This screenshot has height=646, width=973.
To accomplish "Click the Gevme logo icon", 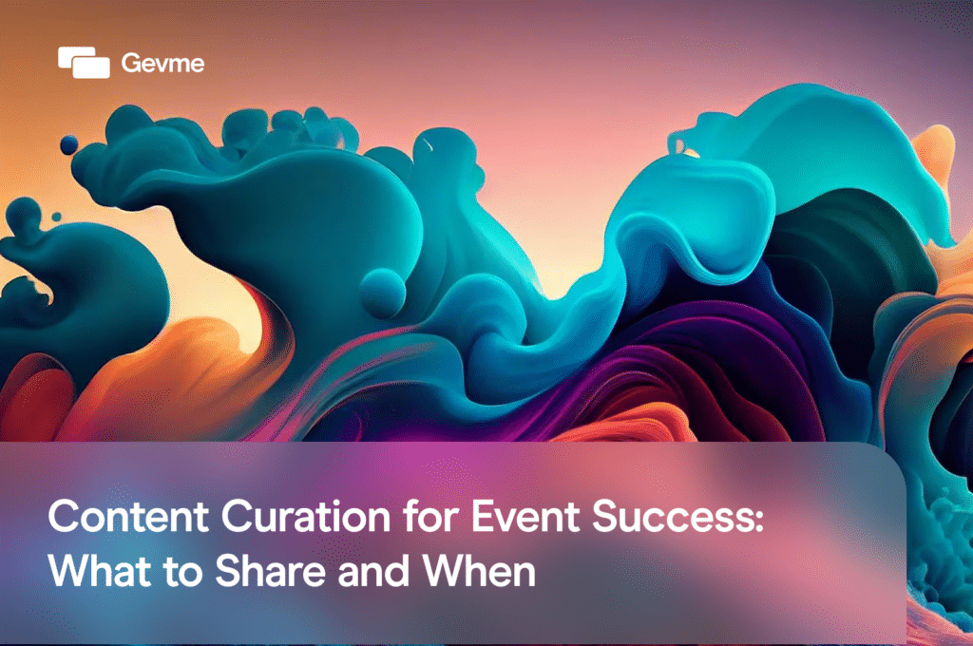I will coord(84,62).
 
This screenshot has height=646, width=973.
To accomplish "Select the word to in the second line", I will coord(169,571).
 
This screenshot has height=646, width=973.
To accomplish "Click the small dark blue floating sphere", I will coord(68,143).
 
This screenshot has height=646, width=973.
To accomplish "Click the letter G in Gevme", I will coord(130,64).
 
